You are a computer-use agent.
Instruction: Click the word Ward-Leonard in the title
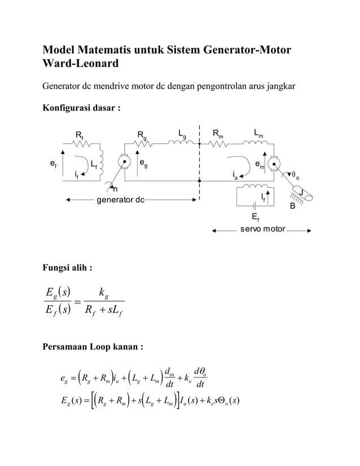[x=81, y=63]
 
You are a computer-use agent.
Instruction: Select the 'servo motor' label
[x=262, y=230]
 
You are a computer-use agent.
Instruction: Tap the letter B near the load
[x=292, y=206]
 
